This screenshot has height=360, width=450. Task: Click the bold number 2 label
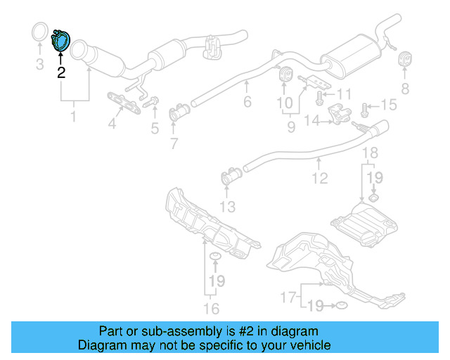tap(61, 72)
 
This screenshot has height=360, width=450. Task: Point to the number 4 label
tap(111, 126)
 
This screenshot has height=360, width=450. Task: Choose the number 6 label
tap(247, 103)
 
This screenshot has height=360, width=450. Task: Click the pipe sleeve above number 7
tap(181, 112)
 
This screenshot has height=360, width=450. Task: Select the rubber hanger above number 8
tap(405, 60)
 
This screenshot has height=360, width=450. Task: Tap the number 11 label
tap(344, 94)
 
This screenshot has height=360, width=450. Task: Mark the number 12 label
tap(320, 179)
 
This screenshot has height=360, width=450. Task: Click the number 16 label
tap(211, 308)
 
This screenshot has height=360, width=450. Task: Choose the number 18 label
tap(370, 153)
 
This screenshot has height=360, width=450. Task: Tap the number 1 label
tap(72, 115)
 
